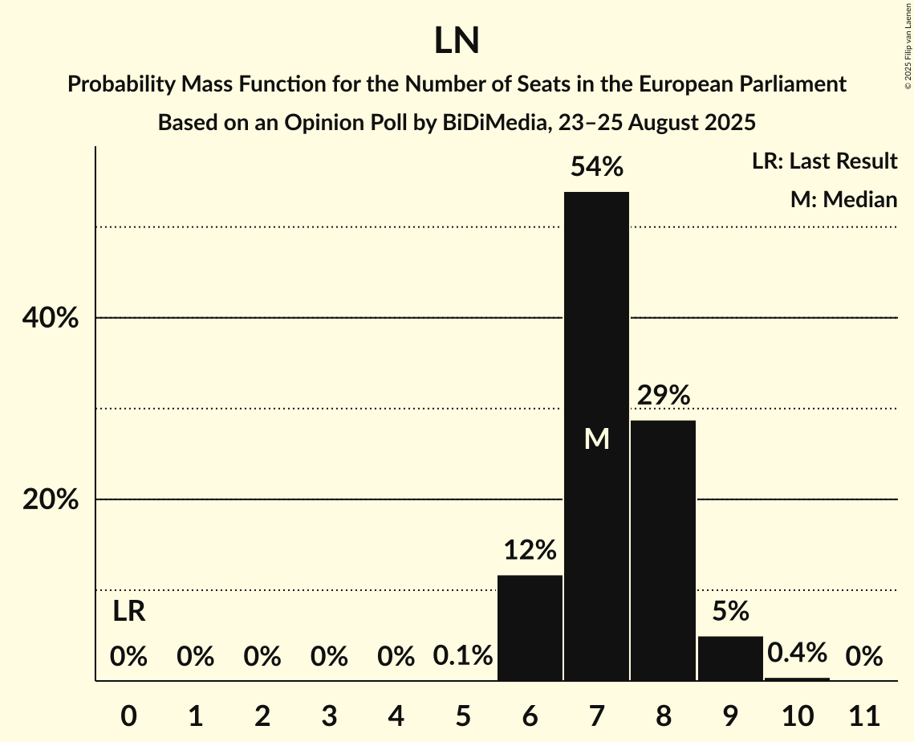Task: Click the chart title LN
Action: pyautogui.click(x=457, y=41)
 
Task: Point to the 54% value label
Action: pyautogui.click(x=596, y=167)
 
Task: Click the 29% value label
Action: pyautogui.click(x=664, y=395)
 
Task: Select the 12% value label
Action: pyautogui.click(x=530, y=550)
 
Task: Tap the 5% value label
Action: pyautogui.click(x=730, y=611)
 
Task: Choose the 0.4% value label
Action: pyautogui.click(x=797, y=653)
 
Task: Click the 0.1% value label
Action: pyautogui.click(x=463, y=657)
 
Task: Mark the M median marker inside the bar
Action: pyautogui.click(x=596, y=438)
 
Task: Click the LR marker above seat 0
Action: pyautogui.click(x=128, y=612)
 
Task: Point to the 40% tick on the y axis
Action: pyautogui.click(x=50, y=319)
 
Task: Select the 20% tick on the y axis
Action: pyautogui.click(x=50, y=500)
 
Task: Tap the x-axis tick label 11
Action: pyautogui.click(x=863, y=715)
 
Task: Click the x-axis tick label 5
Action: pyautogui.click(x=463, y=715)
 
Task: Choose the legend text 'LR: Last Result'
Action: pyautogui.click(x=824, y=161)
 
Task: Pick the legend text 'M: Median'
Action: pyautogui.click(x=843, y=199)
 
